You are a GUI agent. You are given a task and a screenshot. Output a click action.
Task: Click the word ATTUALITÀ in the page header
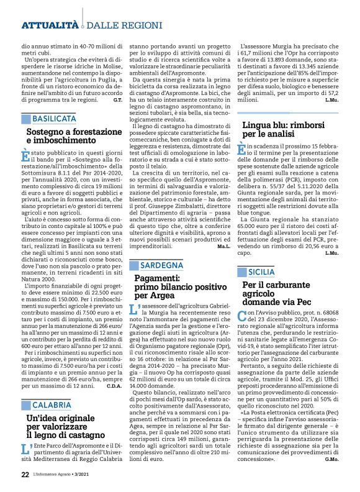pyautogui.click(x=50, y=25)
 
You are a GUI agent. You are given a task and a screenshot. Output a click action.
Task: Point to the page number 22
pyautogui.click(x=25, y=475)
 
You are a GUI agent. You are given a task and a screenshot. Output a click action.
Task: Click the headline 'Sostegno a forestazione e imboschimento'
pyautogui.click(x=74, y=137)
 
